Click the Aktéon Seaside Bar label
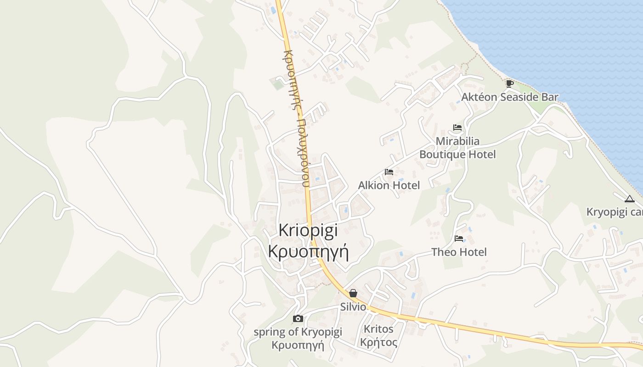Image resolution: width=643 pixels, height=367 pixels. [x=510, y=97]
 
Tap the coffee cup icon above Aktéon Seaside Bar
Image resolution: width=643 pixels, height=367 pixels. [x=509, y=83]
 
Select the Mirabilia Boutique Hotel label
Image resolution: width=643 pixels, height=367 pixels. [x=457, y=148]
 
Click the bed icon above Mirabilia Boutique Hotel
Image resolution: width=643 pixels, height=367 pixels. [x=457, y=128]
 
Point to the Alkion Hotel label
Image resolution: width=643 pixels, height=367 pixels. [x=389, y=185]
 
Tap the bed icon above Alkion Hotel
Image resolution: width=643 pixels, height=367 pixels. [x=389, y=172]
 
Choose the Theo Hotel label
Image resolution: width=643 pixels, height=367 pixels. [x=459, y=252]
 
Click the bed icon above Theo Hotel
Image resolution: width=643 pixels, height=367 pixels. [x=459, y=239]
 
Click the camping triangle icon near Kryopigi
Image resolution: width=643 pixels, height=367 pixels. [x=630, y=199]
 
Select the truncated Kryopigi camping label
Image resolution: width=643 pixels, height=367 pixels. [x=615, y=212]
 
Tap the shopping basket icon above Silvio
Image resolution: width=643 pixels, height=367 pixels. [x=353, y=293]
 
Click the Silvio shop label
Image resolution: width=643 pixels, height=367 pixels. [x=353, y=307]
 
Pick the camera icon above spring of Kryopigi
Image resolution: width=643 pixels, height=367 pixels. [x=298, y=318]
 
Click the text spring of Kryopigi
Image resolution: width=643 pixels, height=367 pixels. [x=298, y=332]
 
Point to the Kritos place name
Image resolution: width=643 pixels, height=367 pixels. [x=378, y=329]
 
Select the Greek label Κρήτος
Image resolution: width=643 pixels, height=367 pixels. [x=378, y=342]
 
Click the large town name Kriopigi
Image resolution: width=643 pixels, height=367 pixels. [x=308, y=230]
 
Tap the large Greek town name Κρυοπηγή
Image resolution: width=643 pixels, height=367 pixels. [x=308, y=252]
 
